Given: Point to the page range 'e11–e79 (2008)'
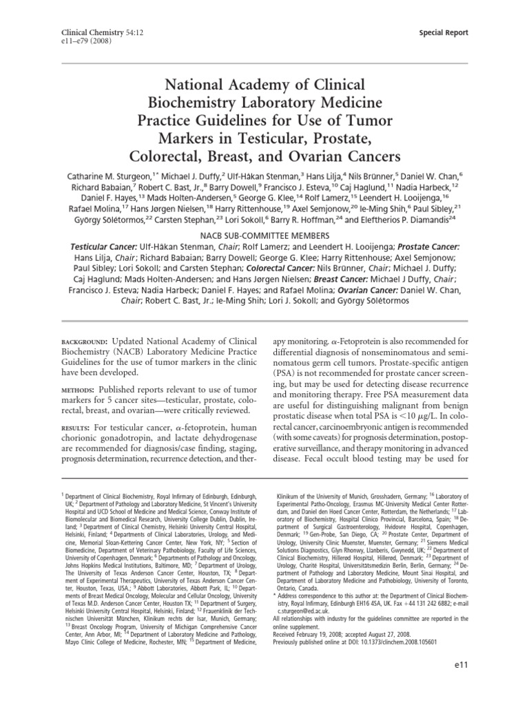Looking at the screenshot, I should [70, 42].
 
